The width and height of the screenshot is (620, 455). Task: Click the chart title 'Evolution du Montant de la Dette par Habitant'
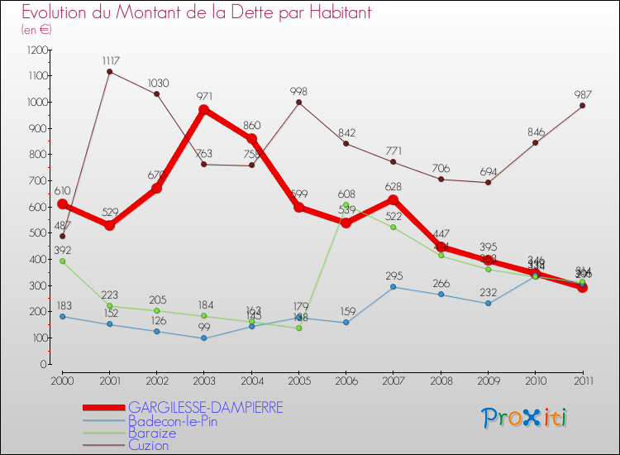[x=196, y=12]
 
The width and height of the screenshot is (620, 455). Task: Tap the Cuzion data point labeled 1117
[x=110, y=71]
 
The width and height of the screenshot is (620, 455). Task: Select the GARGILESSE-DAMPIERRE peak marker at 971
[x=204, y=109]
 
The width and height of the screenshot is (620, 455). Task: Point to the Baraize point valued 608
[x=346, y=204]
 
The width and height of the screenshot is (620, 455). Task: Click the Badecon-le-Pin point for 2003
[x=204, y=338]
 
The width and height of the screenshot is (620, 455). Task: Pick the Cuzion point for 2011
[x=582, y=105]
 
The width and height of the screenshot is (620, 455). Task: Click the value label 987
[x=582, y=93]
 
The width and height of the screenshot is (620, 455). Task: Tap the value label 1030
[x=157, y=83]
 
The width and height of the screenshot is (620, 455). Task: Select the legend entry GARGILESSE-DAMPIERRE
[x=205, y=408]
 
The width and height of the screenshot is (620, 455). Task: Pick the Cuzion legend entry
[x=149, y=445]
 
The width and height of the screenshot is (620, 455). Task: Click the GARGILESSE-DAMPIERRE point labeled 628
[x=393, y=199]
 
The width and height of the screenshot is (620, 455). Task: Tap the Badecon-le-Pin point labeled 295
[x=393, y=287]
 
